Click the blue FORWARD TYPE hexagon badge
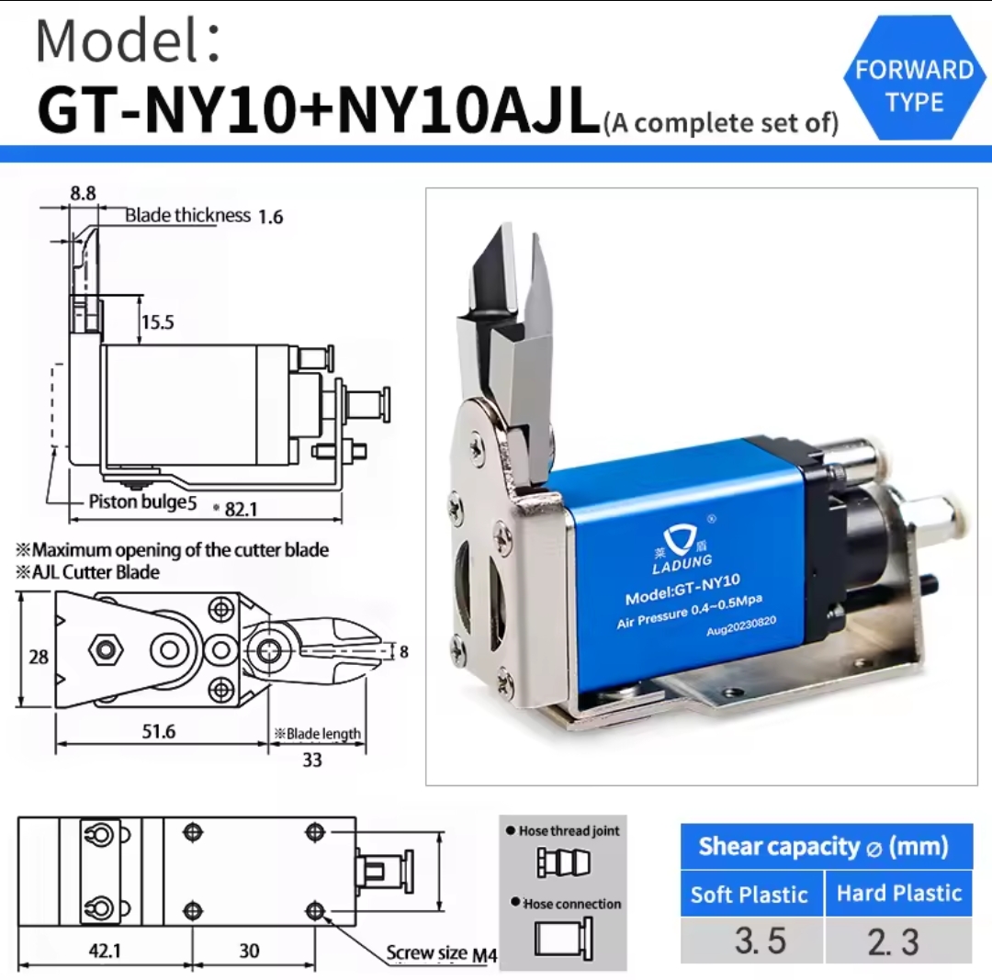(x=914, y=78)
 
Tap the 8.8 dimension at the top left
(x=83, y=193)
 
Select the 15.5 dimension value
(x=158, y=322)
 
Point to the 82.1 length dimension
(x=241, y=510)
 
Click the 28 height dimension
(x=39, y=657)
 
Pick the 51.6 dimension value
(x=158, y=731)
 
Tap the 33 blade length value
(x=312, y=760)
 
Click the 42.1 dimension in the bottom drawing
(x=105, y=951)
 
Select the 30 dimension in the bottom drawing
(x=249, y=951)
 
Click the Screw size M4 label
(x=442, y=953)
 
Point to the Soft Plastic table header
(x=750, y=895)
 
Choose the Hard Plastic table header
(x=899, y=893)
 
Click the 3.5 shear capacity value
(x=761, y=941)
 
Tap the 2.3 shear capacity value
(x=893, y=941)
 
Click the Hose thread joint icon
(x=563, y=862)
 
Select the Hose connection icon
(x=564, y=938)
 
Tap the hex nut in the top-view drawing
(x=106, y=649)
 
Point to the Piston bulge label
(x=142, y=502)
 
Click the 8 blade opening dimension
(x=403, y=651)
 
